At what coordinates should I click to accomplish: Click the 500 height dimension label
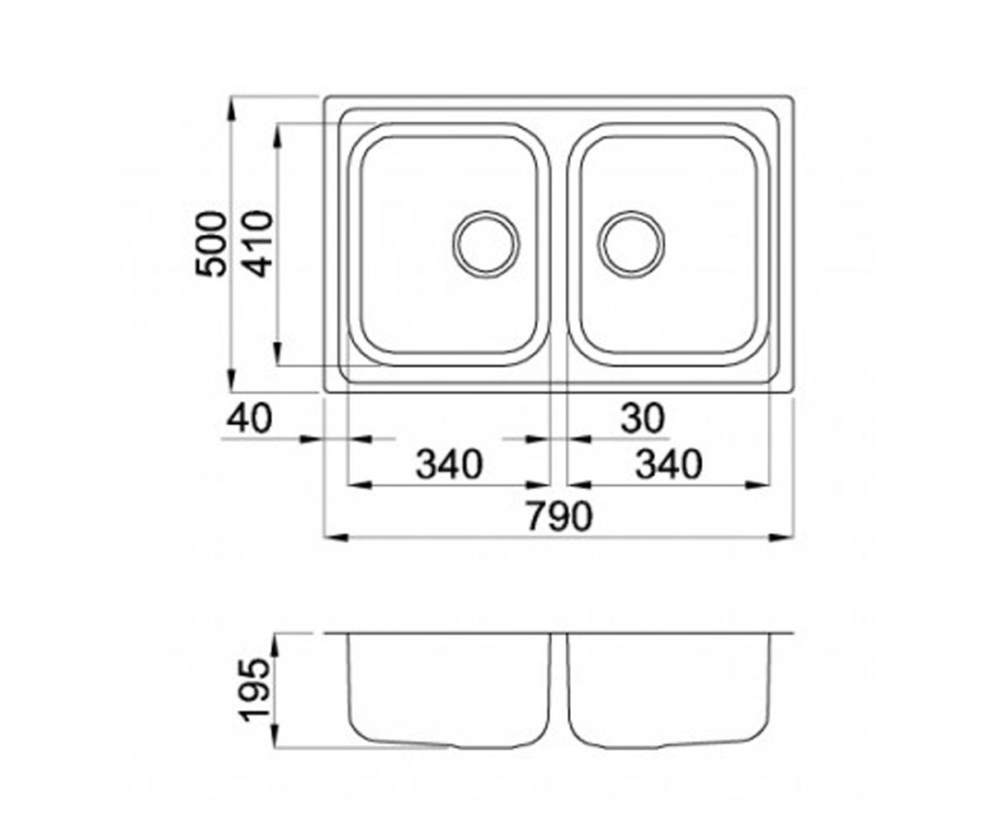(x=211, y=244)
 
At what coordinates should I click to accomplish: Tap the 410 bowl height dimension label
(x=259, y=244)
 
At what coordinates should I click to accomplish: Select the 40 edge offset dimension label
(x=249, y=418)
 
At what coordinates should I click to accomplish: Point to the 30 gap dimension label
(x=643, y=418)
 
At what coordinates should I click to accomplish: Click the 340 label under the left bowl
(x=450, y=464)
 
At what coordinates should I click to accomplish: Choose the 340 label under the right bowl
(x=668, y=464)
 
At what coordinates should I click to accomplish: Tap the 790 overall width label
(x=559, y=516)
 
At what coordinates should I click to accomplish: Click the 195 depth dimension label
(x=256, y=696)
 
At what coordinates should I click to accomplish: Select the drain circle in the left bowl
(x=486, y=244)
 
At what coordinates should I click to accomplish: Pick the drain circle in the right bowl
(x=631, y=244)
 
